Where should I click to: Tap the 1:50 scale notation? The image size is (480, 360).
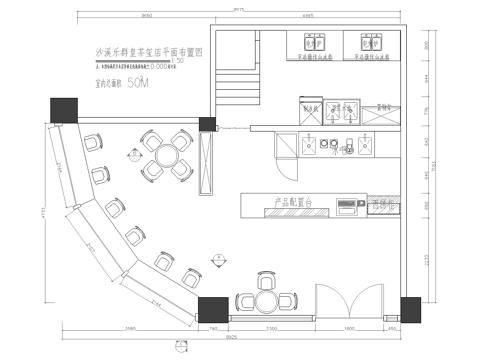[179, 60]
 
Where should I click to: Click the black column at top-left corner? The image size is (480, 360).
[58, 108]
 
